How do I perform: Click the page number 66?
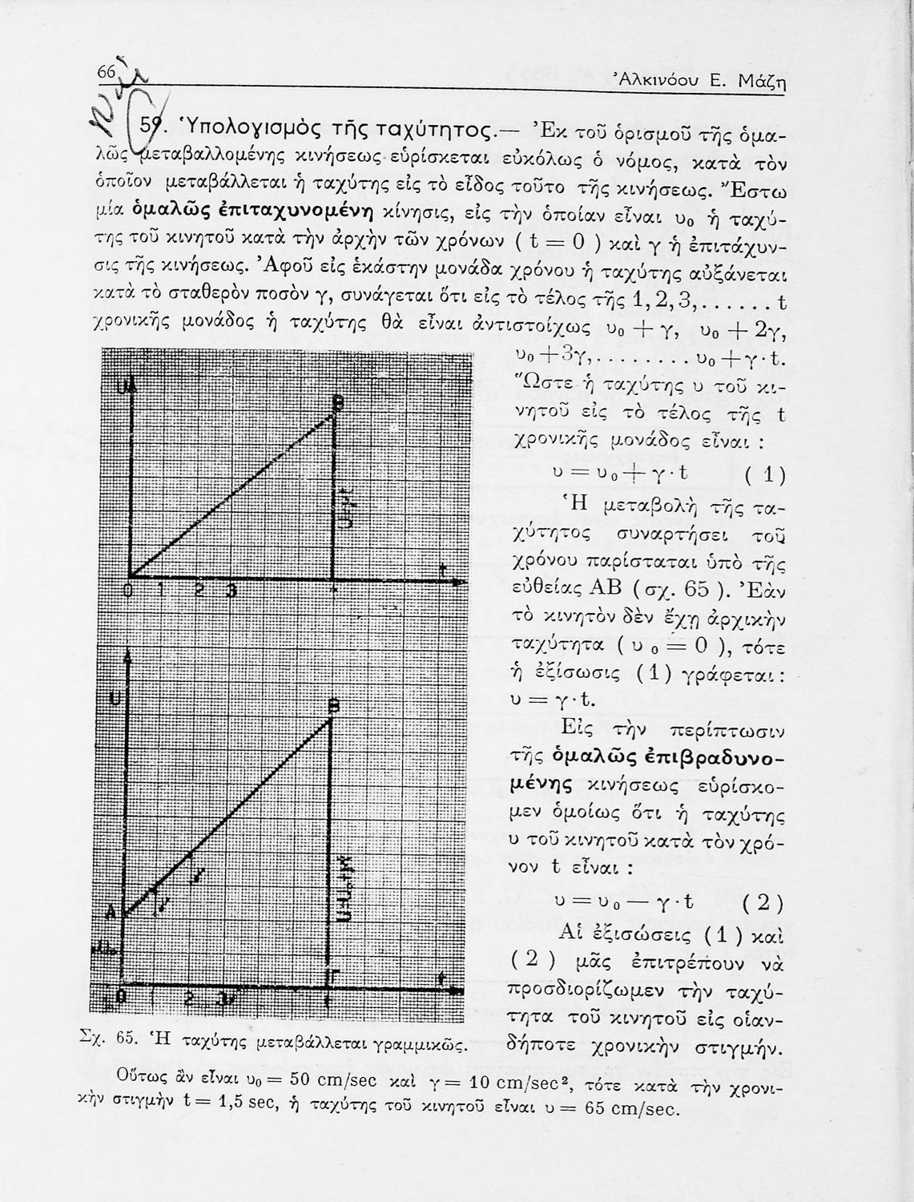107,72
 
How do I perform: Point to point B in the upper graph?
337,405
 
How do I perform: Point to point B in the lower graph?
335,707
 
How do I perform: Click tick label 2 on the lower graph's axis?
189,999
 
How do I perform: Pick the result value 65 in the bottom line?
596,1110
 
